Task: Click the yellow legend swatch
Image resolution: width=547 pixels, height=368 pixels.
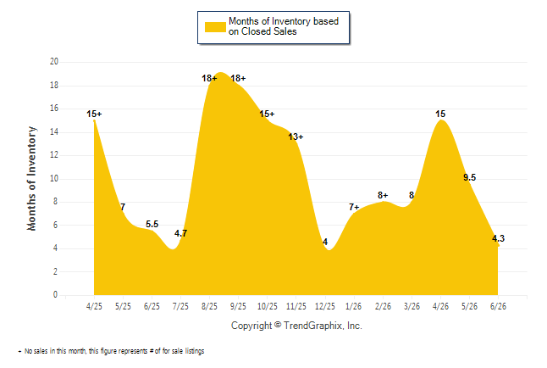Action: [215, 27]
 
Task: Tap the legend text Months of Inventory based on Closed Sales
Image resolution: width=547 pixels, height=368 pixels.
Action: [284, 26]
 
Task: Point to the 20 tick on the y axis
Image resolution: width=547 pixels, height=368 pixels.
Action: [54, 62]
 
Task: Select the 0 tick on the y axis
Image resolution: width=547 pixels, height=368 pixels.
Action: [55, 294]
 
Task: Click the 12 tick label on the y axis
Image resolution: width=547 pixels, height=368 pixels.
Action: [54, 155]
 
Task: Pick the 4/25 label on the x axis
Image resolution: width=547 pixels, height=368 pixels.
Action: [94, 306]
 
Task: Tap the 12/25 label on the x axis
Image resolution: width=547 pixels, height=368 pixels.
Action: [325, 306]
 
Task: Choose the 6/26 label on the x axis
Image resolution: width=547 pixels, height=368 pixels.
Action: [498, 306]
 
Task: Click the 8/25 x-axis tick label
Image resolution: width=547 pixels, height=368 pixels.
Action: [209, 306]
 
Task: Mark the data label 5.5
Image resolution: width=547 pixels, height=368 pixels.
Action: [152, 224]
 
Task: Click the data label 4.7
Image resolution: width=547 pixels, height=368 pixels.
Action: [180, 233]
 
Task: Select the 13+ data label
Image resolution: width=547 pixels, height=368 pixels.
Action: [296, 137]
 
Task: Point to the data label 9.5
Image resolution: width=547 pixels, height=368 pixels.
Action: [470, 177]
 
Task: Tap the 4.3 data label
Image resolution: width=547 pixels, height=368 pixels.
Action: [498, 238]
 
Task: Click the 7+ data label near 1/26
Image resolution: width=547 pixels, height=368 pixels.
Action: [354, 207]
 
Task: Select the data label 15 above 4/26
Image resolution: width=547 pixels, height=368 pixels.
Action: [440, 114]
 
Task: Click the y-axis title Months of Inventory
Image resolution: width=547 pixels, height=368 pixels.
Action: [31, 179]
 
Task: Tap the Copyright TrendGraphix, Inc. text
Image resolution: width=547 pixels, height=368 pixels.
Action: [296, 326]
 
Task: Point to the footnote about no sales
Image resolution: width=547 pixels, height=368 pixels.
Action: [111, 351]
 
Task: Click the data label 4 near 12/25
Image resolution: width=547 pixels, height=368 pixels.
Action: [325, 242]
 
